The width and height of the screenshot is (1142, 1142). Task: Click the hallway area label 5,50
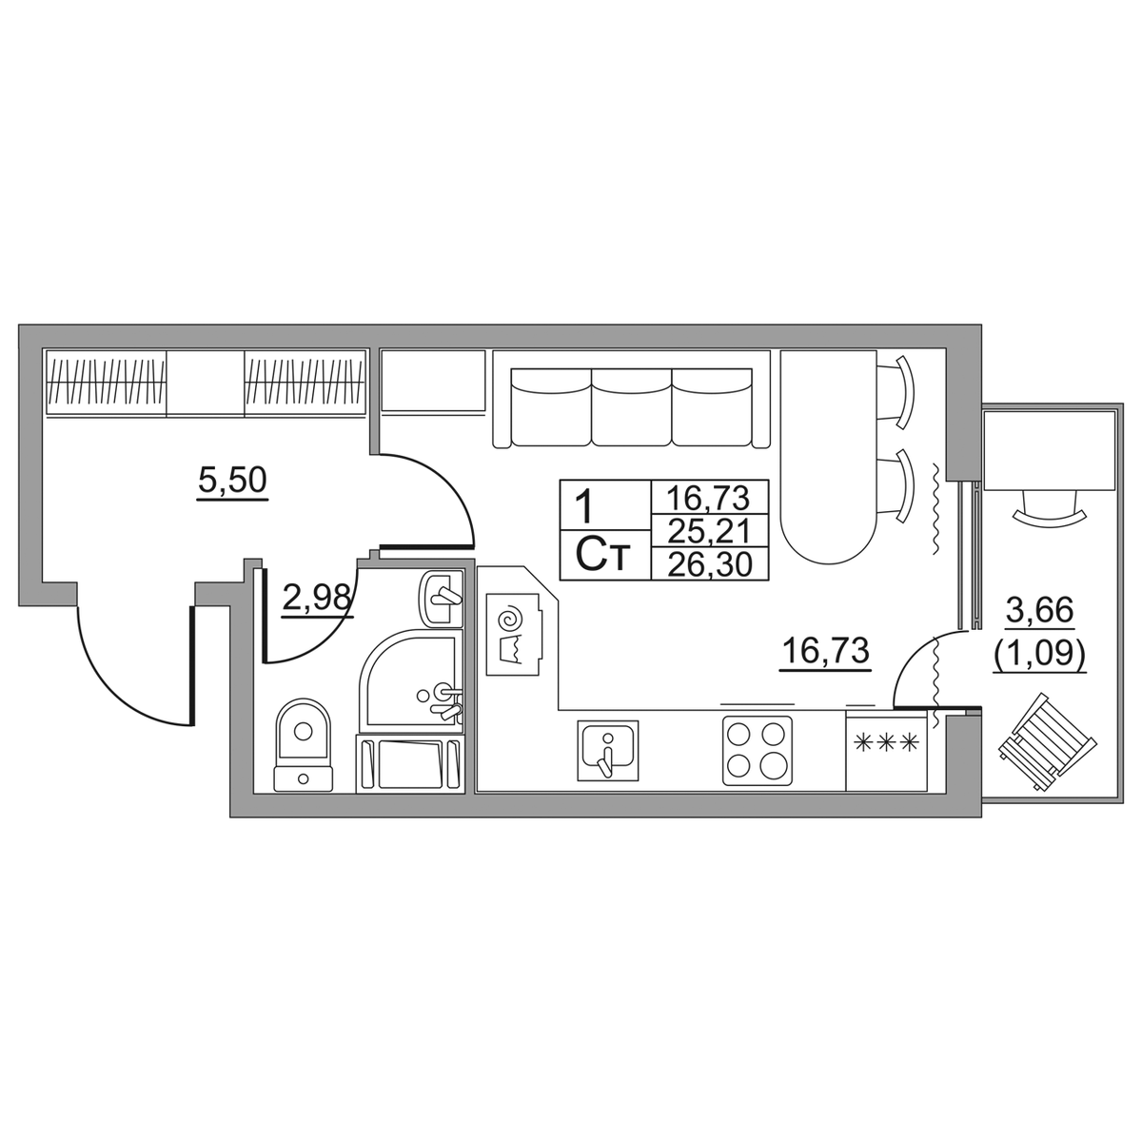pos(232,481)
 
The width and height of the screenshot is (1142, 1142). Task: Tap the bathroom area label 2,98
pos(318,598)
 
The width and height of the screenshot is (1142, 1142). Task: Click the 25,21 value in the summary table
pos(709,532)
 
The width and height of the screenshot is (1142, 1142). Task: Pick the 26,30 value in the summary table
pos(709,564)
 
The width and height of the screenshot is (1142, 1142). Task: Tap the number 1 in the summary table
pos(586,506)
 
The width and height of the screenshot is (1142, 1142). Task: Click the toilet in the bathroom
pos(304,744)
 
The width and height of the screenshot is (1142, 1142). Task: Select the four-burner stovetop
pos(757,750)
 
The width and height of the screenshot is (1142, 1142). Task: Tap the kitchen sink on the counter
pos(608,750)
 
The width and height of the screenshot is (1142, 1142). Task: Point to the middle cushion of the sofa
pos(632,407)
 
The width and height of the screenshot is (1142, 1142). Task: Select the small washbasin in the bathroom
pos(441,598)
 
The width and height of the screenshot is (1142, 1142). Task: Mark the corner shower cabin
pos(410,679)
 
